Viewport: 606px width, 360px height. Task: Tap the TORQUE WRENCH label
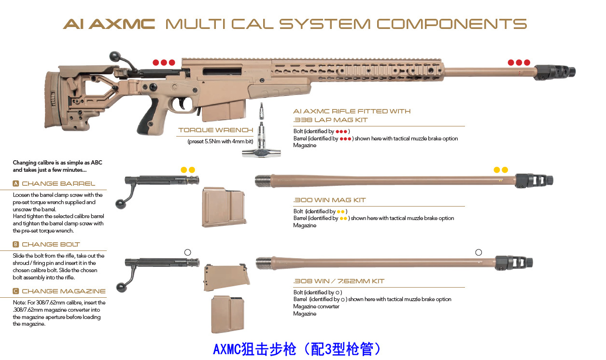[215, 130]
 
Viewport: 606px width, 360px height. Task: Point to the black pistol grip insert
[145, 125]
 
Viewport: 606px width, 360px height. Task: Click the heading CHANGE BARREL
[58, 184]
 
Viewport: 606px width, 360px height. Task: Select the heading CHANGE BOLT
[51, 245]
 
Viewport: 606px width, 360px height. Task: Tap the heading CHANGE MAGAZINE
[63, 291]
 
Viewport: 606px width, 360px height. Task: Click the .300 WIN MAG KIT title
[329, 200]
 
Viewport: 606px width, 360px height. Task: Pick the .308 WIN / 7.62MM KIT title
[338, 281]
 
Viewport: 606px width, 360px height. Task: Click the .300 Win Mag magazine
[224, 207]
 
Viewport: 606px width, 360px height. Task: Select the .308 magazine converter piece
[226, 277]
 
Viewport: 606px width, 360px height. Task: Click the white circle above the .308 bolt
[188, 252]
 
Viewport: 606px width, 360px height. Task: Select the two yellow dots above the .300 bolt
[188, 170]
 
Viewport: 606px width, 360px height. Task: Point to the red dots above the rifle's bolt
[164, 63]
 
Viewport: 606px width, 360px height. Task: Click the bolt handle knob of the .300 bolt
[120, 205]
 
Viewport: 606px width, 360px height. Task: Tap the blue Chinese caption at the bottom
[298, 349]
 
